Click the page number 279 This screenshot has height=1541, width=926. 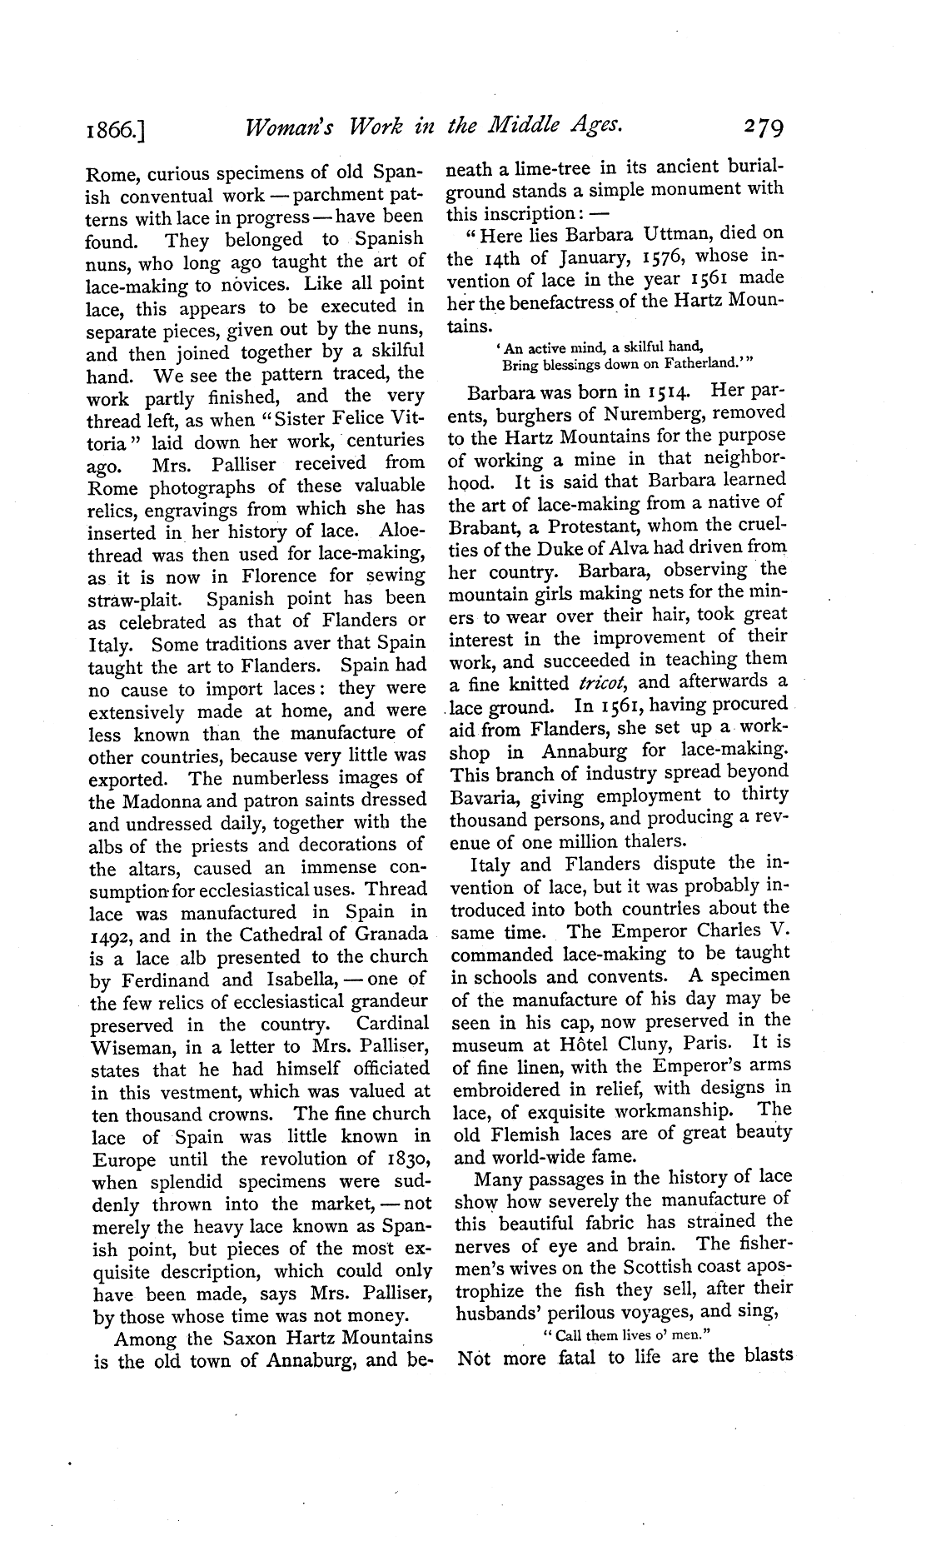(x=753, y=127)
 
